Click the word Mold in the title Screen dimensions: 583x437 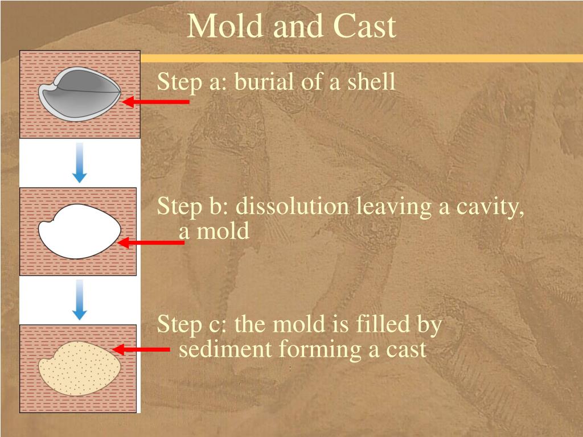(x=224, y=26)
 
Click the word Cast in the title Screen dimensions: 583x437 (x=365, y=26)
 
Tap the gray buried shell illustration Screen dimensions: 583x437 (x=80, y=94)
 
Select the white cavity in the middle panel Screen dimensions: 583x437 (x=80, y=231)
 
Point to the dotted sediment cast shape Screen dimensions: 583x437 (x=80, y=368)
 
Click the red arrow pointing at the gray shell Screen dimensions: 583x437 (x=155, y=101)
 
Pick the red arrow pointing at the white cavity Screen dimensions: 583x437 (x=150, y=242)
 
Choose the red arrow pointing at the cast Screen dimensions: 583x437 (x=141, y=349)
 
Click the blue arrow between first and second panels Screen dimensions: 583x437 (x=79, y=163)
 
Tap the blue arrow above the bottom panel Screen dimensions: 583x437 (x=79, y=300)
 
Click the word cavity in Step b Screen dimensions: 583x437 (x=490, y=207)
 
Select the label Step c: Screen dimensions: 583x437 (x=191, y=324)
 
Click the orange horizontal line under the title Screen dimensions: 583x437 (x=362, y=59)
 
